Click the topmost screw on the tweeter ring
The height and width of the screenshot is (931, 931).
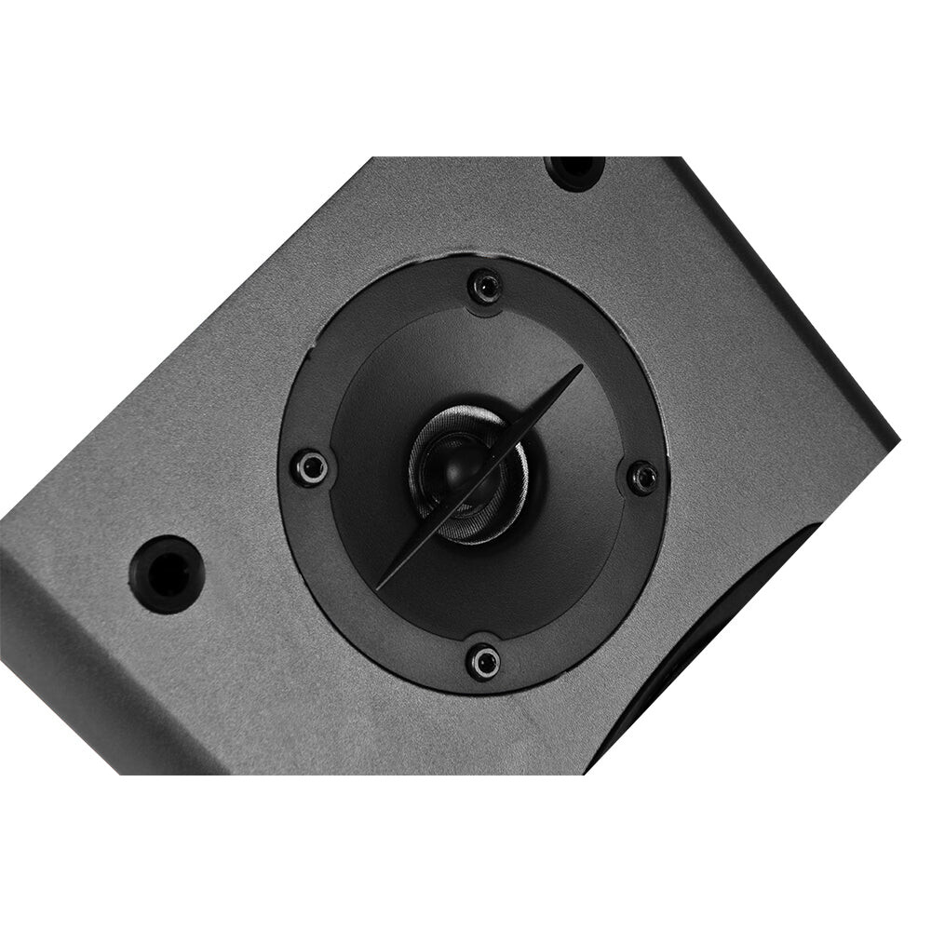485,286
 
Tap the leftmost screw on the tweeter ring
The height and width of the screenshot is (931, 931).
310,466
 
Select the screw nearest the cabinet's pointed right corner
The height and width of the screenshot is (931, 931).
642,478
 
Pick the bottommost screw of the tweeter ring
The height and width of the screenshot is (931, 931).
483,662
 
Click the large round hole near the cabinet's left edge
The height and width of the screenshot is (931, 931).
167,573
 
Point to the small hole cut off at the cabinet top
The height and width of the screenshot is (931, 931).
574,169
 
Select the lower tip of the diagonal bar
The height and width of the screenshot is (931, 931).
380,587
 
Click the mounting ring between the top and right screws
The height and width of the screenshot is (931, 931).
596,344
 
